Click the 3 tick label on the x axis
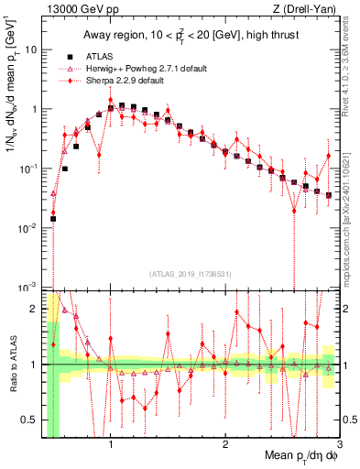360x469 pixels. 339,442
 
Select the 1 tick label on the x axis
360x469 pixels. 111,442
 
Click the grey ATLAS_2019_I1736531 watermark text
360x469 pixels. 190,273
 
